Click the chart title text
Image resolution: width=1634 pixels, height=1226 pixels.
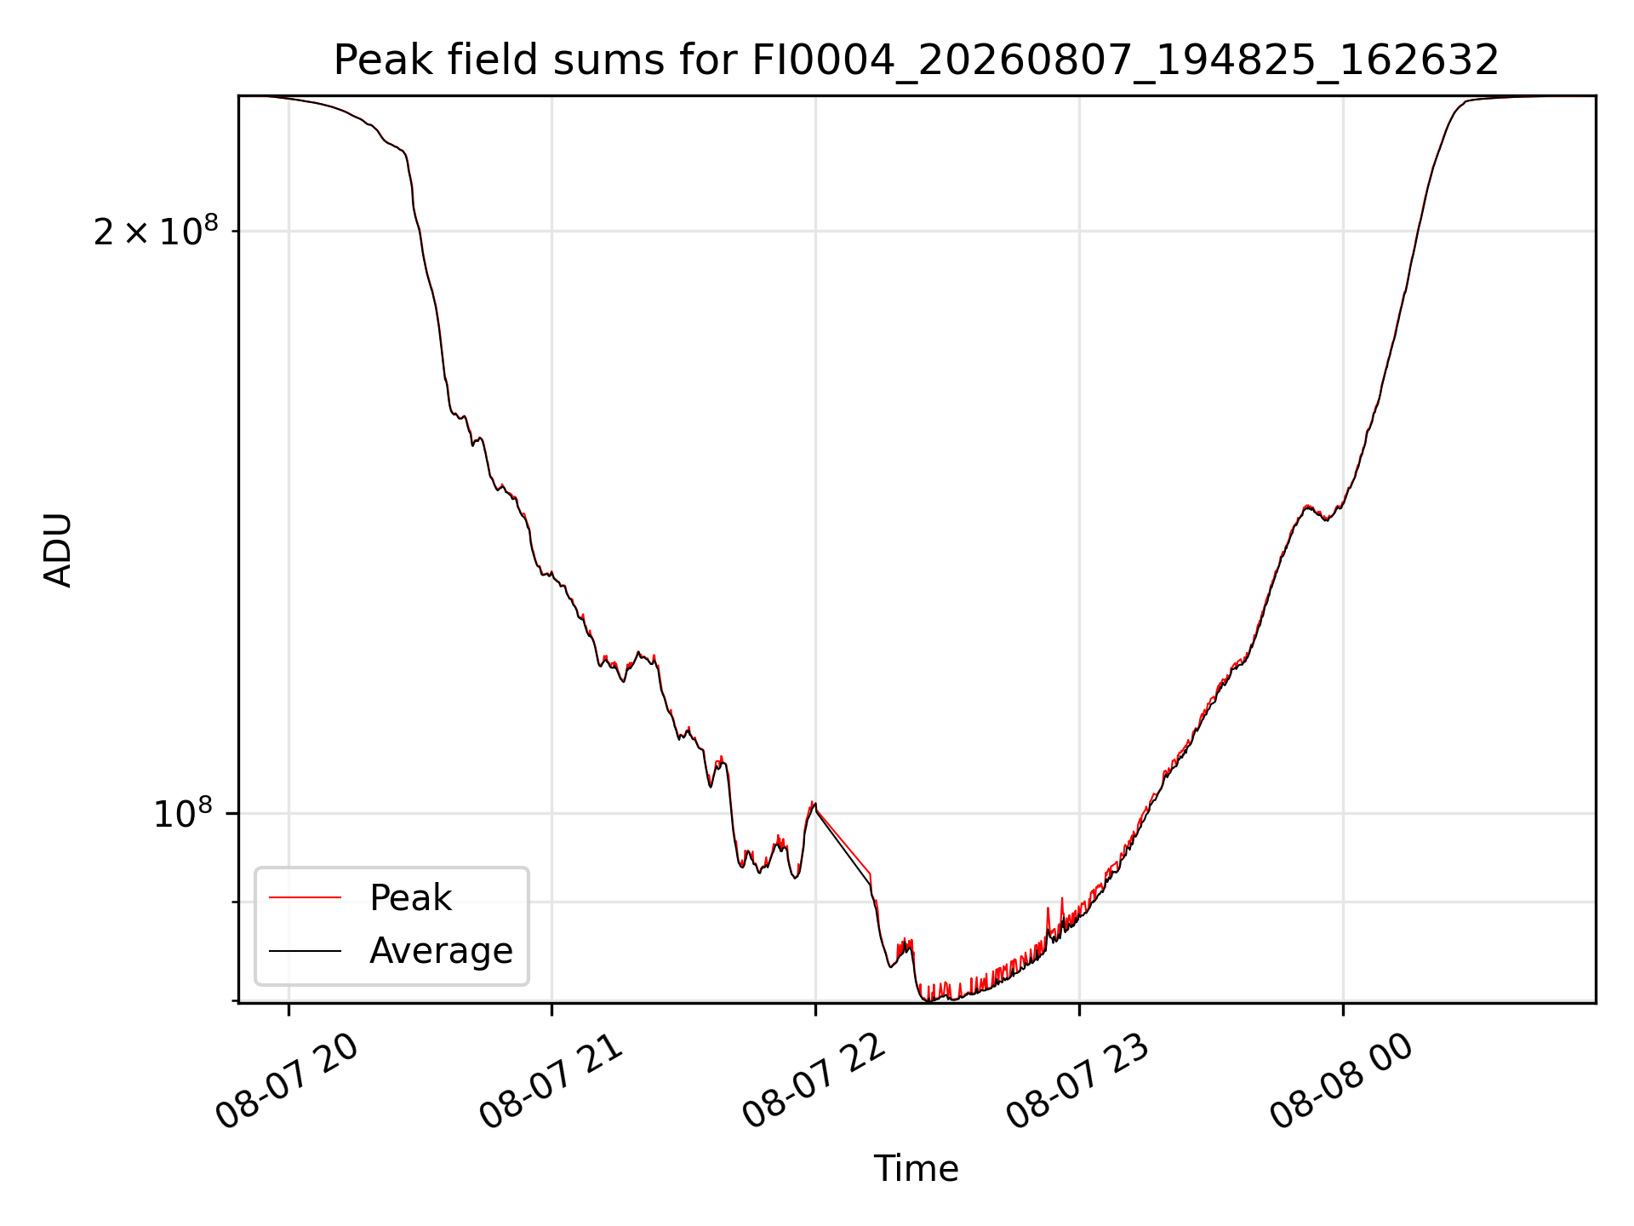(x=916, y=60)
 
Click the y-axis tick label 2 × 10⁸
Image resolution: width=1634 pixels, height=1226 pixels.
(x=156, y=231)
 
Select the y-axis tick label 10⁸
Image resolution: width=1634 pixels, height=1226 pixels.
(x=186, y=813)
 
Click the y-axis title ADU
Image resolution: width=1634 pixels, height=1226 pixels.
(x=58, y=549)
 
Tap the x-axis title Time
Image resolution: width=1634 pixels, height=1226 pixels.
(x=916, y=1169)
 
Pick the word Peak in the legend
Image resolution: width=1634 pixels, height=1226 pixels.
(x=410, y=897)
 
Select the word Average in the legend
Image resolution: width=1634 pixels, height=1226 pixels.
(x=441, y=950)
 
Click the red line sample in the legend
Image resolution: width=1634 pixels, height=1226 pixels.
(x=305, y=897)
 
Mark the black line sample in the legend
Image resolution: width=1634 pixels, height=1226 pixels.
(x=305, y=950)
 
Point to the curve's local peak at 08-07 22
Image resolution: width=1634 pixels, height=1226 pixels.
(x=814, y=802)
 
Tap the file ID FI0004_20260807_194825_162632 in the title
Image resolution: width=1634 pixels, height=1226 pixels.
(x=1125, y=61)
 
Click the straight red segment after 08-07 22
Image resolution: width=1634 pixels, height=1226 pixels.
(x=843, y=839)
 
